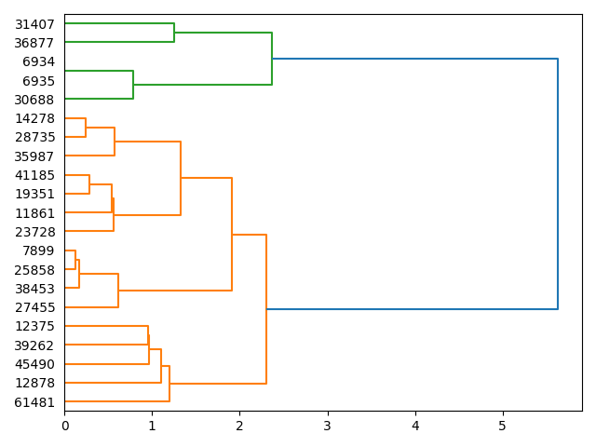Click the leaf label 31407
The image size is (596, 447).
(x=34, y=24)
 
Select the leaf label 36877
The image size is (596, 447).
(x=34, y=43)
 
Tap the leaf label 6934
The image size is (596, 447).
(x=38, y=62)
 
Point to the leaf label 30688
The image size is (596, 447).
(x=34, y=100)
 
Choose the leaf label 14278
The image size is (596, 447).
(x=34, y=118)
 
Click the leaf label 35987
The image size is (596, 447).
(x=34, y=156)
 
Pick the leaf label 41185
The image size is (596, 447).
(x=34, y=175)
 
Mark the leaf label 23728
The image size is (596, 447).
(x=34, y=232)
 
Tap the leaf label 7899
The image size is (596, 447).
(x=38, y=251)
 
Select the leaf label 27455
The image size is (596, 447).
(x=34, y=307)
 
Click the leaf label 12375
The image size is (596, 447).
(x=34, y=326)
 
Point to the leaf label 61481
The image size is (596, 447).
(x=34, y=402)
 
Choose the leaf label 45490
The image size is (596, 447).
(x=34, y=364)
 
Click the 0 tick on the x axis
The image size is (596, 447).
(x=65, y=427)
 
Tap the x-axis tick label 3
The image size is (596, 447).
(x=328, y=427)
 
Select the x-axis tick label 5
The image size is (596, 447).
(x=503, y=427)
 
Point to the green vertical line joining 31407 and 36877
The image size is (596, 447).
(x=174, y=34)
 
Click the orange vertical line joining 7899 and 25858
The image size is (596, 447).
(x=75, y=260)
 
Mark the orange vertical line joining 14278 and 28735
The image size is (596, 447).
(x=86, y=128)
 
